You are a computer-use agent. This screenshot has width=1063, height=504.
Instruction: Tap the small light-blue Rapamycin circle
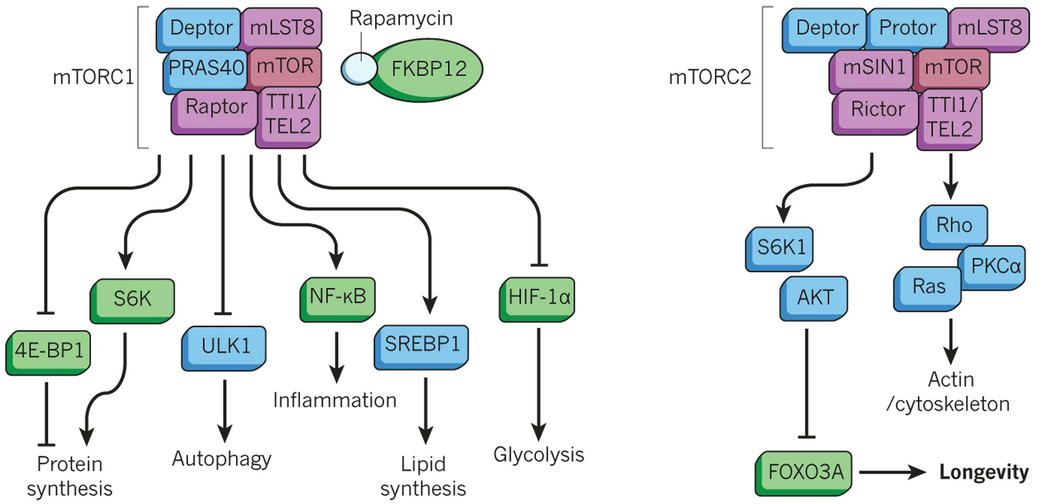359,69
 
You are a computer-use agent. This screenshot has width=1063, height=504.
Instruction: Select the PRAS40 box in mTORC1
205,68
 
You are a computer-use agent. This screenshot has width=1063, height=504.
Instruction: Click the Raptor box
216,107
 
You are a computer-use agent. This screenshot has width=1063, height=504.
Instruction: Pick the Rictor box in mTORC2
877,109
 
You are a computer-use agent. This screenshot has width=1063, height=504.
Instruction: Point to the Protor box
907,28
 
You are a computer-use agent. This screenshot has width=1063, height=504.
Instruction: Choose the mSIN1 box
874,67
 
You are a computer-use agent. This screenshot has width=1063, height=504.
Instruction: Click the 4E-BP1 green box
49,351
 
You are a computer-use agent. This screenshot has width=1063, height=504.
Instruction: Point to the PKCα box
995,267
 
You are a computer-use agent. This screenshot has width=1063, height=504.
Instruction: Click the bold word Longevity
984,472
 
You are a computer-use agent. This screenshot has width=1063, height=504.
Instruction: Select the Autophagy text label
221,459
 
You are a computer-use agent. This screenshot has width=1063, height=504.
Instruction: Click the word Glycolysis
538,455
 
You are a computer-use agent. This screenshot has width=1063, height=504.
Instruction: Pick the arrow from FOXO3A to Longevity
891,472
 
